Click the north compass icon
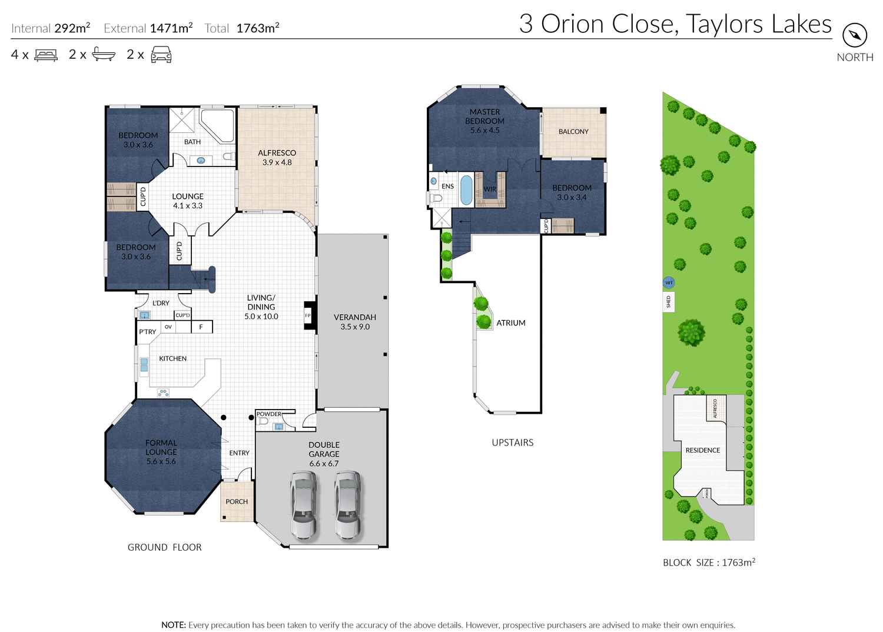[855, 35]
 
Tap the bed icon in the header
[46, 55]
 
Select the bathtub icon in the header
[104, 55]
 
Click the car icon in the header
[161, 55]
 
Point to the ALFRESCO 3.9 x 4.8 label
[277, 158]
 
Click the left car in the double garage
[304, 505]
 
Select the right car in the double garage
[348, 505]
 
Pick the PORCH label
[237, 502]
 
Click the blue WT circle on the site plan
[669, 283]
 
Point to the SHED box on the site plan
[669, 302]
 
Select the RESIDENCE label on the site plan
[702, 450]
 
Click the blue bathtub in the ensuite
[466, 189]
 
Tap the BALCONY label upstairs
[573, 132]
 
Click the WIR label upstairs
[490, 189]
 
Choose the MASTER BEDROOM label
[484, 121]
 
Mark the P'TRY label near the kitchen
[147, 332]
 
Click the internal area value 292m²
[72, 28]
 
